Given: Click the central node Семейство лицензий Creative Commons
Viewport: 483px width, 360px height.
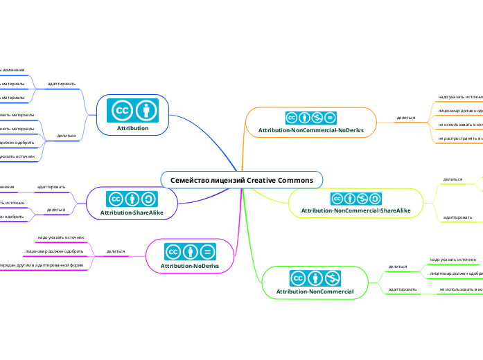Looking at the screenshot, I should [x=242, y=180].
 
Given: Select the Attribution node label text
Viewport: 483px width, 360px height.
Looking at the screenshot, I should [x=132, y=128].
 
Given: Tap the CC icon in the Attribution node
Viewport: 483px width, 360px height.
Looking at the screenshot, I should [x=123, y=110].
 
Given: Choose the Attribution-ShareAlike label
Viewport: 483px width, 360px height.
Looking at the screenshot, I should [x=132, y=213].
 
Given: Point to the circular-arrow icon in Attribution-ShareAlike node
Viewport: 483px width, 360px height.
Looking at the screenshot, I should [x=149, y=200].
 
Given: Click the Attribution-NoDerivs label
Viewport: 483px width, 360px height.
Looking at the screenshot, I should [x=190, y=265].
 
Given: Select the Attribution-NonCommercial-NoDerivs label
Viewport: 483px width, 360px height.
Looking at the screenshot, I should [x=310, y=129].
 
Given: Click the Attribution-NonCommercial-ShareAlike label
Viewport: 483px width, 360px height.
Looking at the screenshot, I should [x=355, y=210].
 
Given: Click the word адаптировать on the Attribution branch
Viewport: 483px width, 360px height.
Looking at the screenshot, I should [x=62, y=84].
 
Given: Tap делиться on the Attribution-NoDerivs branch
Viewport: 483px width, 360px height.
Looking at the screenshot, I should [x=115, y=251].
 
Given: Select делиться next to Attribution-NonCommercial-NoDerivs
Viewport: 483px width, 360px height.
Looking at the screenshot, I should [x=405, y=118].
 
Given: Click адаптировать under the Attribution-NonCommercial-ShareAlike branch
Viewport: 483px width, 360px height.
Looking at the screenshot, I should [x=457, y=217].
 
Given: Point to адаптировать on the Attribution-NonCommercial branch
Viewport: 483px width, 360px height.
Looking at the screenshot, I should [x=402, y=288].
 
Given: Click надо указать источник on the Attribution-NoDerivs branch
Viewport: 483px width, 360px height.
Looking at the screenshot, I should [x=61, y=237].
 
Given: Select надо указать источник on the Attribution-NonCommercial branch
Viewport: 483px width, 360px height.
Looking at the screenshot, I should [x=453, y=260].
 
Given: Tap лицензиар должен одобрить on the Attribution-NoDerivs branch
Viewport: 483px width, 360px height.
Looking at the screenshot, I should [x=54, y=251].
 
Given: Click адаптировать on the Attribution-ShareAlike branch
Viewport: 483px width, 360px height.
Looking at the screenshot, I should [x=51, y=187].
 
